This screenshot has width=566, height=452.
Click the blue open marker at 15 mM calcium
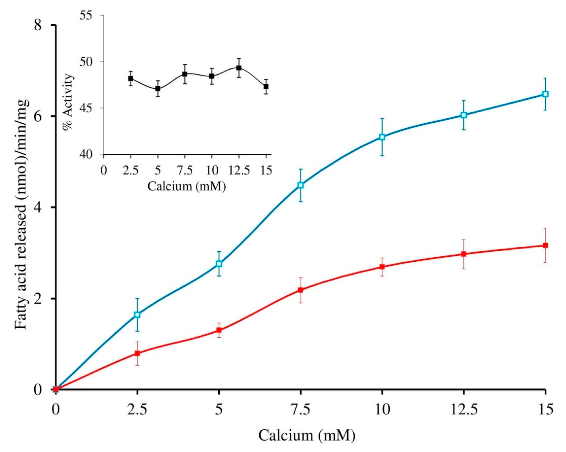[545, 94]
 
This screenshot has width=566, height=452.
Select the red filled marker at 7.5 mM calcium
[301, 290]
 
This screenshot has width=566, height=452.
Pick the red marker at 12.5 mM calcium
[464, 254]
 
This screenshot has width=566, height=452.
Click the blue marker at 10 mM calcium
[382, 137]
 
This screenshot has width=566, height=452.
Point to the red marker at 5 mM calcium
[219, 330]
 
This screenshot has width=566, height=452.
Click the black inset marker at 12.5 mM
[239, 68]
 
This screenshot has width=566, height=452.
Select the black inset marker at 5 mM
[157, 88]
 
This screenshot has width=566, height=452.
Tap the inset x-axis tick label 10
[212, 171]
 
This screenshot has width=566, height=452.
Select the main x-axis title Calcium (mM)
[307, 435]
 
